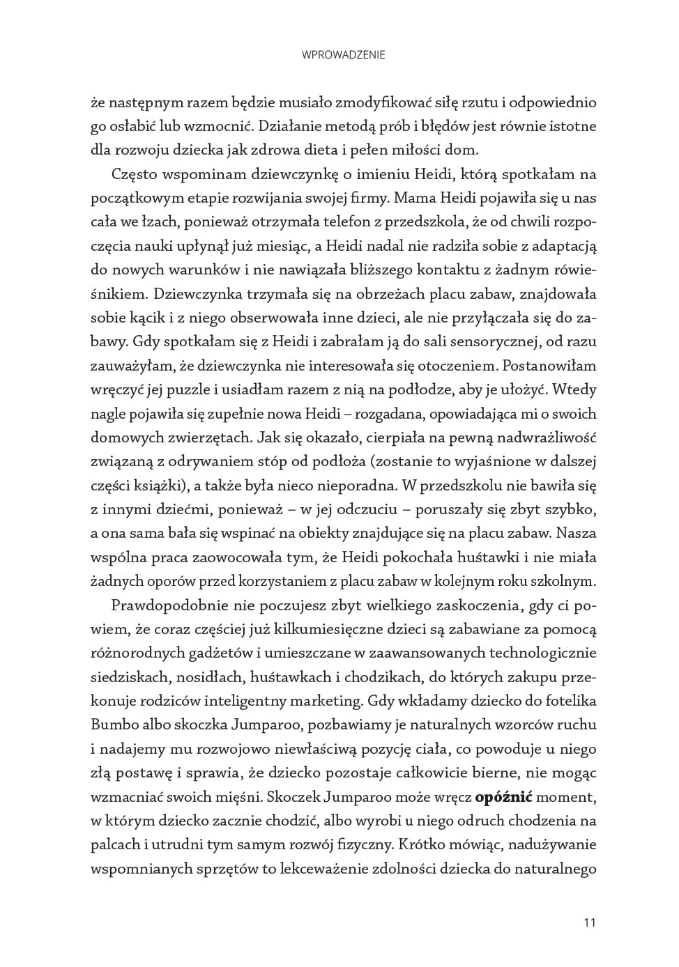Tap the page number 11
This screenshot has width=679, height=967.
click(x=590, y=923)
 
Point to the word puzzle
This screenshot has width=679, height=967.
click(x=186, y=390)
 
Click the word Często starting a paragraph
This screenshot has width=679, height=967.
click(x=135, y=174)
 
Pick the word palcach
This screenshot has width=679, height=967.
click(x=115, y=844)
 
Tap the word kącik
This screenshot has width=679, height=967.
click(x=144, y=318)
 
